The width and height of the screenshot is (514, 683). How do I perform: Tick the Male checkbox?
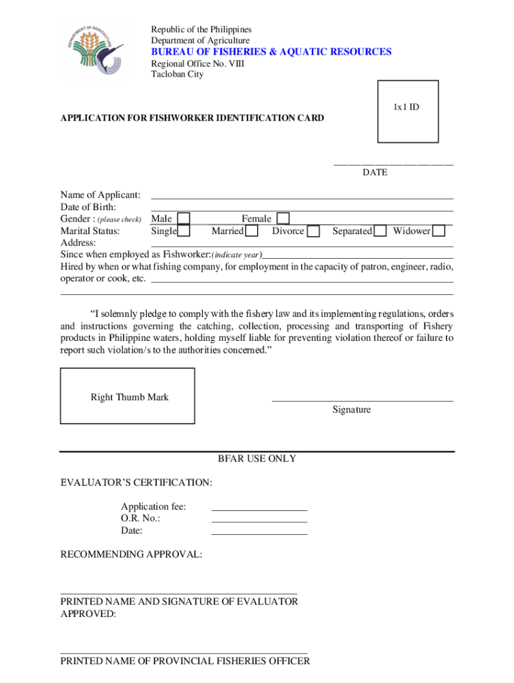pyautogui.click(x=184, y=219)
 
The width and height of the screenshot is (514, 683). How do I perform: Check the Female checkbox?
pyautogui.click(x=284, y=219)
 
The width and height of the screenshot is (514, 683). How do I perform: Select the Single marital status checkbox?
pyautogui.click(x=184, y=231)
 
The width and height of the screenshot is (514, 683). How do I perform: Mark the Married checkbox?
pyautogui.click(x=252, y=231)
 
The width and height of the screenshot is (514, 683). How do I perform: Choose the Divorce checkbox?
pyautogui.click(x=312, y=231)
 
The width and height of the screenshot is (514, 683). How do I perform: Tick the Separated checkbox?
pyautogui.click(x=380, y=231)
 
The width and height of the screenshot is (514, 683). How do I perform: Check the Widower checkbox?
pyautogui.click(x=439, y=231)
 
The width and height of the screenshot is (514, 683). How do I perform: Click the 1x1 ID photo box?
pyautogui.click(x=408, y=111)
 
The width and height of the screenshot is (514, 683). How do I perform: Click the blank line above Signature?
pyautogui.click(x=362, y=401)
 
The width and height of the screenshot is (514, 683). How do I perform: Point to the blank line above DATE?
pyautogui.click(x=394, y=164)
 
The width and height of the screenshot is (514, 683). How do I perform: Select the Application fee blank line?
pyautogui.click(x=259, y=510)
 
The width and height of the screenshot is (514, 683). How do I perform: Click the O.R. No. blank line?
pyautogui.click(x=259, y=522)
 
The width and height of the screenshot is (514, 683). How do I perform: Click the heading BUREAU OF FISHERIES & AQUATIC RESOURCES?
pyautogui.click(x=271, y=52)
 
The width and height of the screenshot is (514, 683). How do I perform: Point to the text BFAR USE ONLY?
pyautogui.click(x=257, y=459)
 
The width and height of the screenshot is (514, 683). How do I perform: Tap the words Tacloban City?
pyautogui.click(x=177, y=74)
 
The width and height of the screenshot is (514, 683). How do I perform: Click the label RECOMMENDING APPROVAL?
pyautogui.click(x=132, y=554)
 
